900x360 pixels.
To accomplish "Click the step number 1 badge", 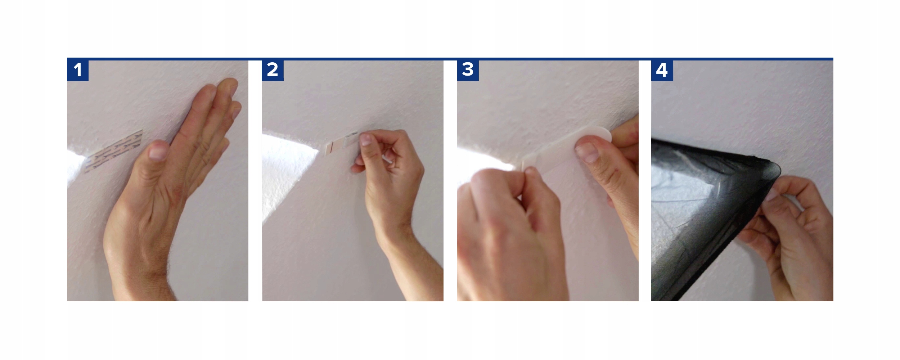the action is (x=78, y=70).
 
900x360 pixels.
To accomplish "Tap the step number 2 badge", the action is (x=273, y=70).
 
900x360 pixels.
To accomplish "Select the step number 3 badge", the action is (x=468, y=70).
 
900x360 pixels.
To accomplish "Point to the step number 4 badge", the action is (x=662, y=70).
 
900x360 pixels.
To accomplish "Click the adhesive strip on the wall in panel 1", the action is (x=113, y=152).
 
